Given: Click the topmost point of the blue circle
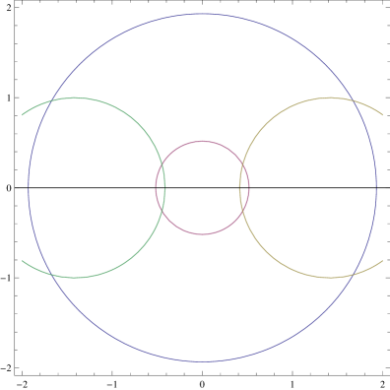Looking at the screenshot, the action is pyautogui.click(x=202, y=14).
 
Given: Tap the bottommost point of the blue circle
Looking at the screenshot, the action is pyautogui.click(x=202, y=361).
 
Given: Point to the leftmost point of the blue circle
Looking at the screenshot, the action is pyautogui.click(x=29, y=187).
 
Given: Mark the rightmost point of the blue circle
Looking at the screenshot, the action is pyautogui.click(x=376, y=187).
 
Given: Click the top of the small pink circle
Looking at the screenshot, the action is pyautogui.click(x=202, y=141).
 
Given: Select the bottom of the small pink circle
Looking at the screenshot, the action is pyautogui.click(x=202, y=234).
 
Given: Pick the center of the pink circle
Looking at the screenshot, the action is pyautogui.click(x=202, y=187).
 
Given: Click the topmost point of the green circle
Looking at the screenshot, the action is pyautogui.click(x=76, y=97).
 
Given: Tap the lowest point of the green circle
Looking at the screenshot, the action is pyautogui.click(x=76, y=278).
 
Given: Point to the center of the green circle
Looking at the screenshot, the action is pyautogui.click(x=76, y=187).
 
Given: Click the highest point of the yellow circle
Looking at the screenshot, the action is pyautogui.click(x=329, y=97).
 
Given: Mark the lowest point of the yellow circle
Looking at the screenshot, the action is pyautogui.click(x=329, y=278).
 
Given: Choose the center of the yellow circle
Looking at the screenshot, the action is pyautogui.click(x=329, y=187).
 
